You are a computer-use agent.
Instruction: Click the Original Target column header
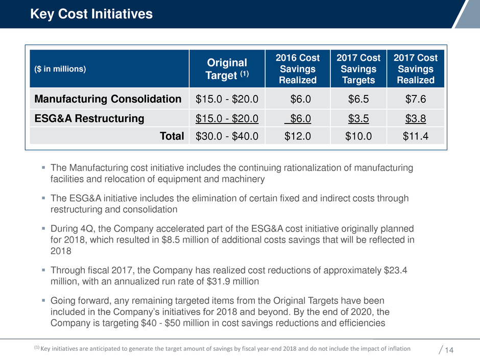(227, 69)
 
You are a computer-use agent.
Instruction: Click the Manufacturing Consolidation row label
(108, 99)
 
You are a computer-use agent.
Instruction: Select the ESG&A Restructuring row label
(90, 118)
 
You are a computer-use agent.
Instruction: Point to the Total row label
(171, 136)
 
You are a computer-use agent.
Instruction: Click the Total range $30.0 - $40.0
(227, 136)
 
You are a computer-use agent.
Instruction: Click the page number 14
(450, 350)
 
